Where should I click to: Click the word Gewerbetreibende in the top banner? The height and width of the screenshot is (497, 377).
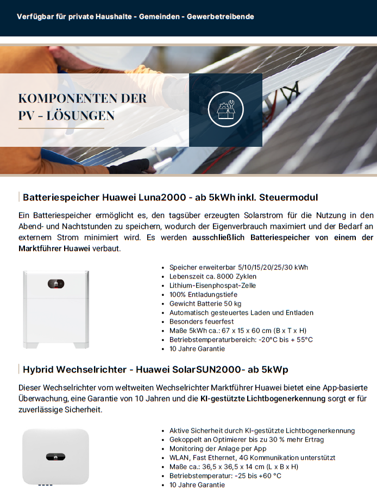point(220,16)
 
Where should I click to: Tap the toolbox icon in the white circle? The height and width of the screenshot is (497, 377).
point(225,109)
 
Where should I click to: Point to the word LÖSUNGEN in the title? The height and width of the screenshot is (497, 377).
point(83,115)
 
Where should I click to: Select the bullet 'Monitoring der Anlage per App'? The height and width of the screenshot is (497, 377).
point(218,449)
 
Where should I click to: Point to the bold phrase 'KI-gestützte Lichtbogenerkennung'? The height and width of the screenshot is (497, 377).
point(263,398)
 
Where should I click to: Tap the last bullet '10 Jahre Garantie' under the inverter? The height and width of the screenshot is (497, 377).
point(197,484)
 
